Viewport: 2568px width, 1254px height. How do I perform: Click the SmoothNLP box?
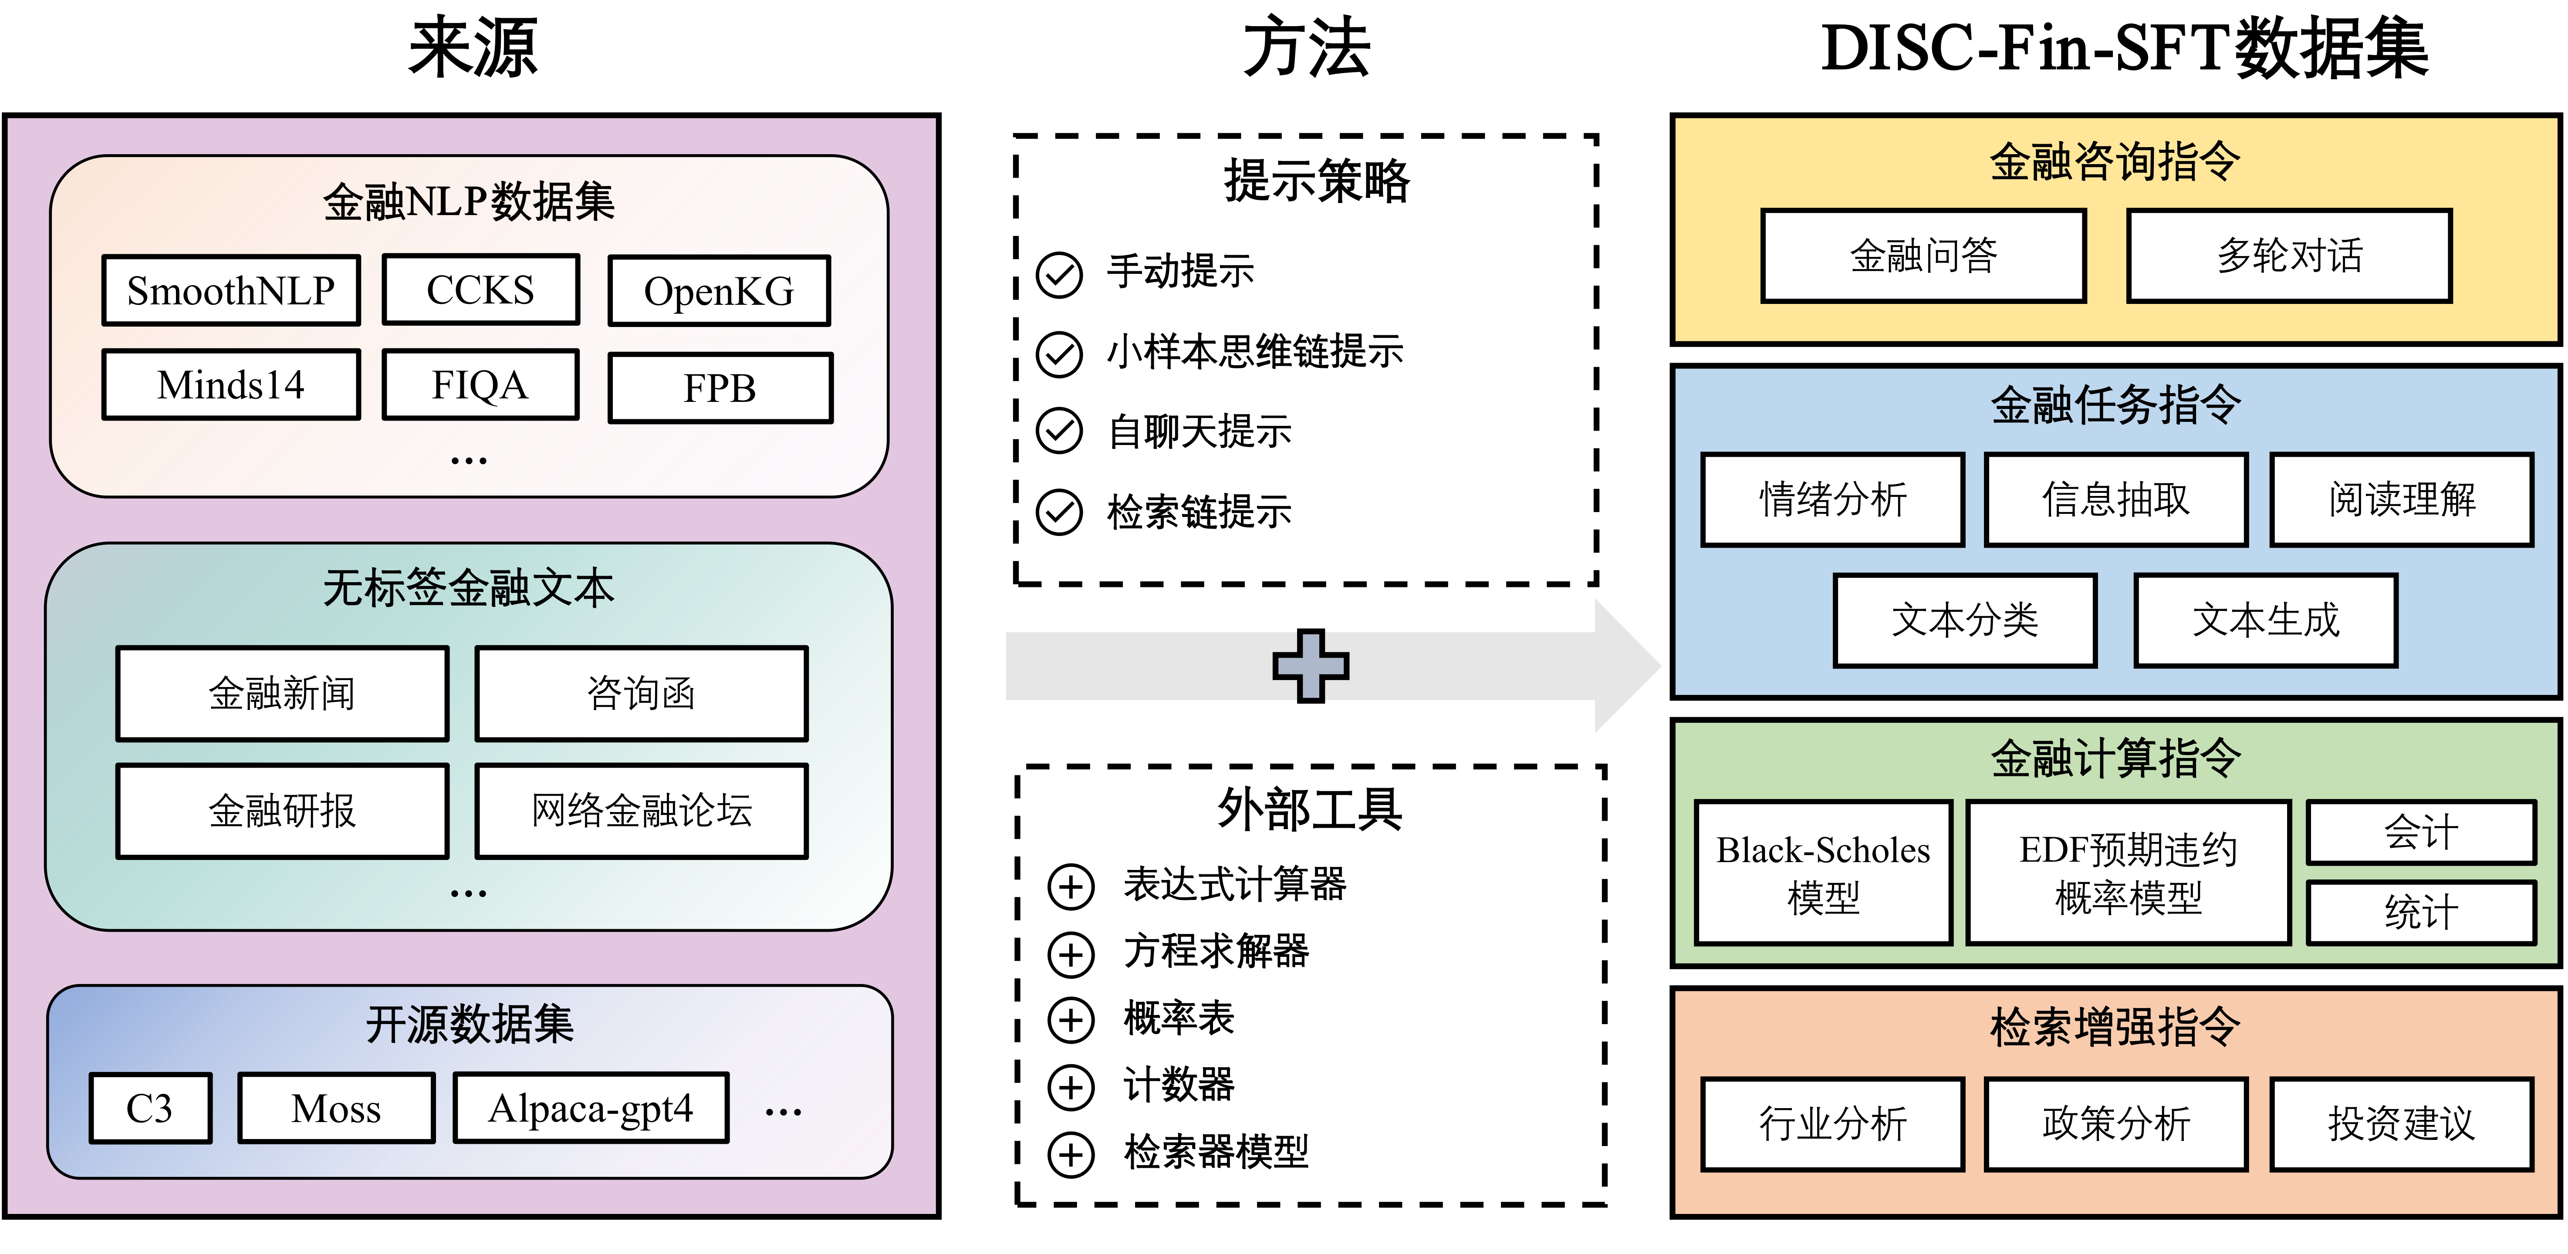pyautogui.click(x=230, y=290)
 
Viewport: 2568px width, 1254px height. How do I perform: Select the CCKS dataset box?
pyautogui.click(x=480, y=289)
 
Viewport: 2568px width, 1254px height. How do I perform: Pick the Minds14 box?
pyautogui.click(x=230, y=385)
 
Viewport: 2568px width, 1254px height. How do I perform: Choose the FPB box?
pyautogui.click(x=720, y=388)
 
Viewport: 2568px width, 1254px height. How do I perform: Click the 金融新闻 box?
pyautogui.click(x=282, y=693)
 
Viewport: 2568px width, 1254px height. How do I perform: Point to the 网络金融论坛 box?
pyautogui.click(x=641, y=810)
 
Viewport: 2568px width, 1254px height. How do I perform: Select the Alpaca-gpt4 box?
pyautogui.click(x=590, y=1107)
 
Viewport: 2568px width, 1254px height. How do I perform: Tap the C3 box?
pyautogui.click(x=149, y=1107)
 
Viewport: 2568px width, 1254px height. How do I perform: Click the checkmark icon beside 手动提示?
pyautogui.click(x=1059, y=274)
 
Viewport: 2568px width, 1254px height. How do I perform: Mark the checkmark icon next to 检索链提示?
pyautogui.click(x=1059, y=513)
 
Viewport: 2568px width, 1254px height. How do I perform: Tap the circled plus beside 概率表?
pyautogui.click(x=1071, y=1020)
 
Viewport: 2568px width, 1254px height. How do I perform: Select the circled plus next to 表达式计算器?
pyautogui.click(x=1071, y=886)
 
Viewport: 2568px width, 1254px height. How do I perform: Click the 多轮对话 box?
pyautogui.click(x=2289, y=255)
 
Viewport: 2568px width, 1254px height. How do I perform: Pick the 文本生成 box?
pyautogui.click(x=2265, y=620)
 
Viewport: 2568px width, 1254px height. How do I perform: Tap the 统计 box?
pyautogui.click(x=2420, y=912)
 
